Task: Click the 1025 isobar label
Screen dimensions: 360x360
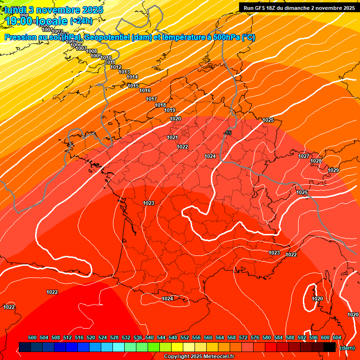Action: (x=268, y=120)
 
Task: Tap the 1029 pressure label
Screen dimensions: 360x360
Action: (x=333, y=170)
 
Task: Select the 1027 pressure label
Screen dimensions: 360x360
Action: (x=304, y=156)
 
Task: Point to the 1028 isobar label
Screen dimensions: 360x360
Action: (x=316, y=161)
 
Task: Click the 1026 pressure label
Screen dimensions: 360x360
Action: (x=302, y=193)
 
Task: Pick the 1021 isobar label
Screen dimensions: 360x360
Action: (x=172, y=137)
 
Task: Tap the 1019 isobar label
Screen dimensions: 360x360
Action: (x=170, y=111)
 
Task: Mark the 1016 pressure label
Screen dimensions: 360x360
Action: (x=145, y=90)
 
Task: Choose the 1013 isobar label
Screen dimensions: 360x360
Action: (x=124, y=72)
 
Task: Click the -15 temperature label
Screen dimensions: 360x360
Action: (x=228, y=133)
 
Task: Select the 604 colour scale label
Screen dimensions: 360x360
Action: (x=337, y=338)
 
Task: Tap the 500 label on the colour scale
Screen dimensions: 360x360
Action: (x=32, y=338)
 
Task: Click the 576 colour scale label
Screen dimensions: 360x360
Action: (x=255, y=338)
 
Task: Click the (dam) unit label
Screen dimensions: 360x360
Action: (x=347, y=348)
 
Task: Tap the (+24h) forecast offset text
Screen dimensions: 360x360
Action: (x=81, y=21)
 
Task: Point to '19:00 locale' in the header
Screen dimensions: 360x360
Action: (x=36, y=21)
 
